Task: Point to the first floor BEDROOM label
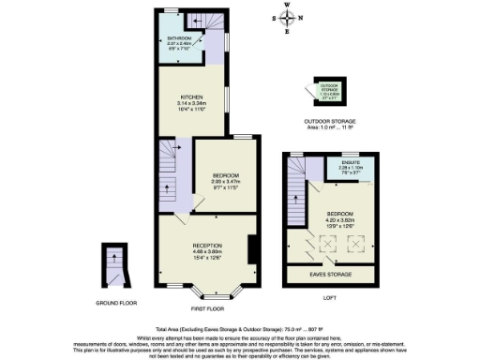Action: click(226, 175)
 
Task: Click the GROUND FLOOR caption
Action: click(115, 303)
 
